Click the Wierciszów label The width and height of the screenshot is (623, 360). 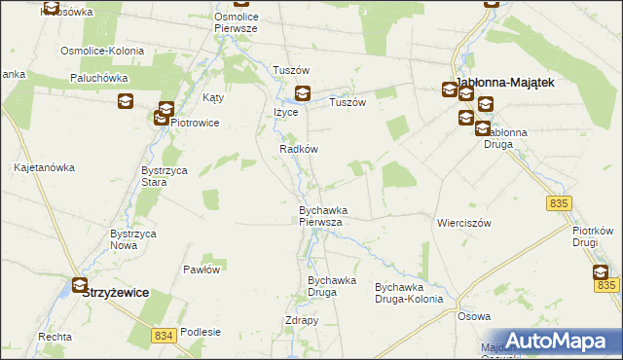pos(464,222)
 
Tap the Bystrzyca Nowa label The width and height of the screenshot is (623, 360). pos(132,239)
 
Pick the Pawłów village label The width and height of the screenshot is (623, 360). pos(202,269)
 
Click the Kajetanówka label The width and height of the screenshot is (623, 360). pos(45,167)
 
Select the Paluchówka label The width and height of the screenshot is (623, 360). pos(99,77)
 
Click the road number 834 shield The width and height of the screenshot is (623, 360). pos(165,335)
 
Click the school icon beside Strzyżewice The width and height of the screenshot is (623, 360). pos(80,286)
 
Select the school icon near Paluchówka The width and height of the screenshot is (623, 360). pos(126,100)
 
